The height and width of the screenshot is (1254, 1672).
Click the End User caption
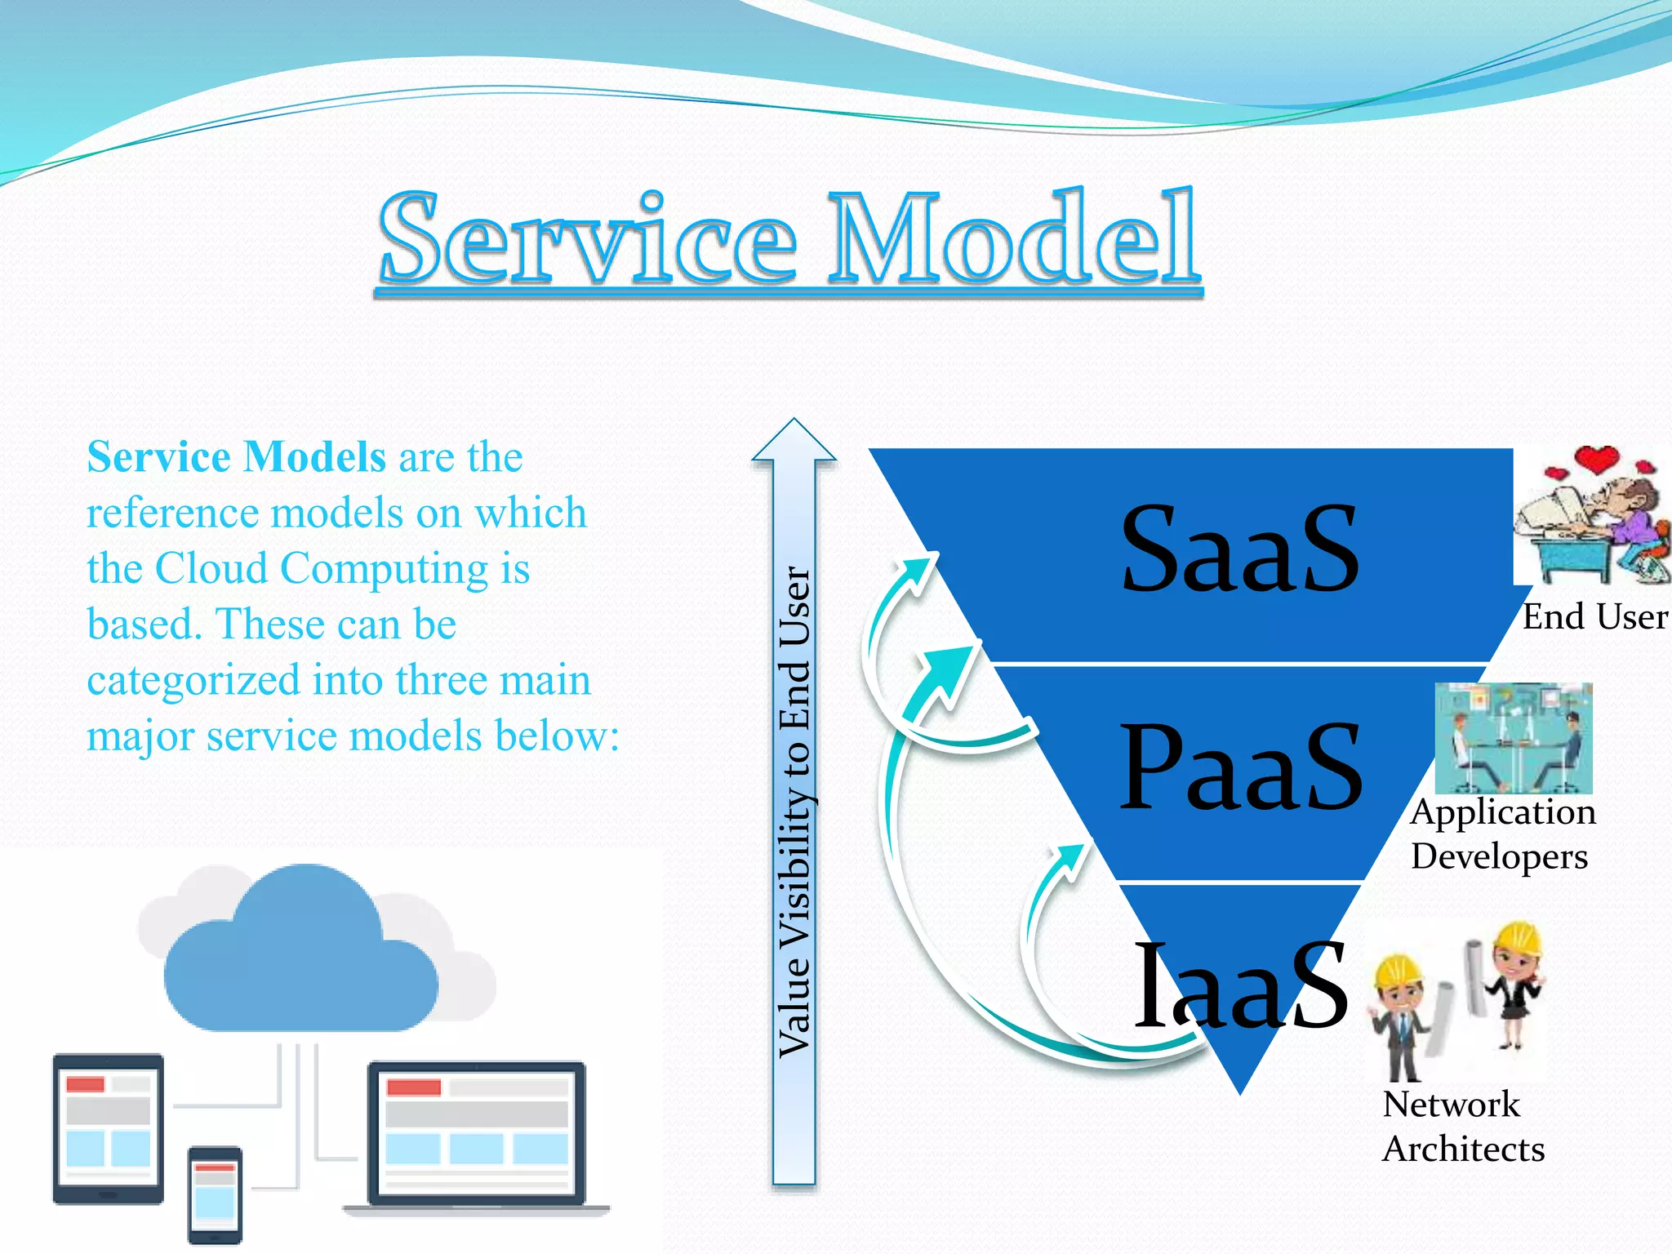(x=1594, y=617)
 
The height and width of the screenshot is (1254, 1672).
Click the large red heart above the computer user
(x=1597, y=459)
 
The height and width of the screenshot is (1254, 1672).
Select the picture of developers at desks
(x=1514, y=738)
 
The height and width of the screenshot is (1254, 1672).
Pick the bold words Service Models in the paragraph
(x=236, y=456)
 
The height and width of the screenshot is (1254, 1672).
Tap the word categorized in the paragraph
(x=193, y=680)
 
